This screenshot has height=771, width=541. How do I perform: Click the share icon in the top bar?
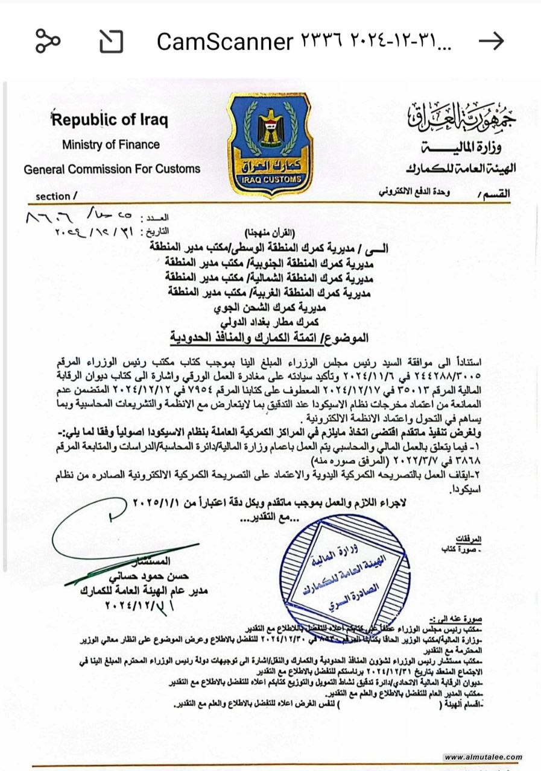48,41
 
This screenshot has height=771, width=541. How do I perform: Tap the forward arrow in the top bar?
491,41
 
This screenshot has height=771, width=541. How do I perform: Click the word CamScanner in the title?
224,42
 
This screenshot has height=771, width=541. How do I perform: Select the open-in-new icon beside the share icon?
111,41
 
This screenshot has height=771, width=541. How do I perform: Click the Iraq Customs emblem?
270,145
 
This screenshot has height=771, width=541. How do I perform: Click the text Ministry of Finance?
111,145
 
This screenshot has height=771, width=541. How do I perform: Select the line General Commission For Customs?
112,170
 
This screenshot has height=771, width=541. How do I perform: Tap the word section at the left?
53,196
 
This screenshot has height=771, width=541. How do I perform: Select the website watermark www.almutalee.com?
482,757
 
